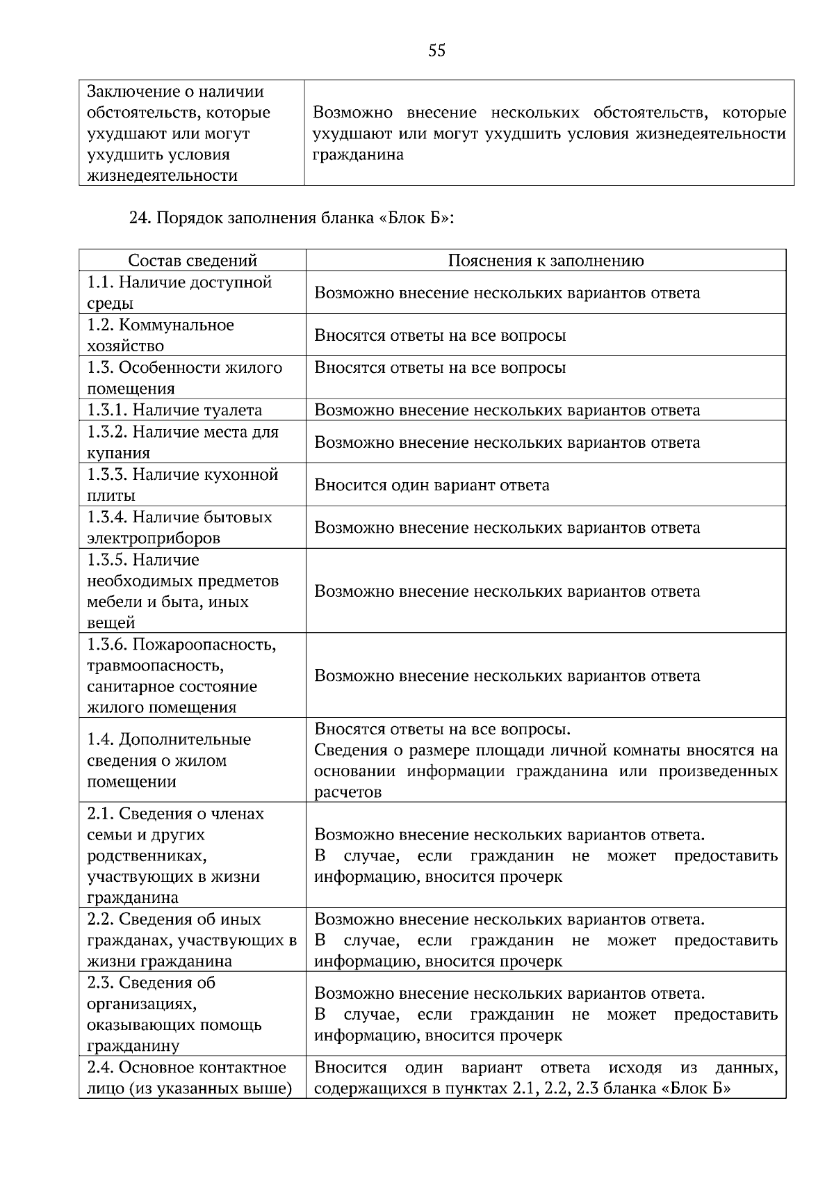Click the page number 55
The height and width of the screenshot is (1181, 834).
(436, 51)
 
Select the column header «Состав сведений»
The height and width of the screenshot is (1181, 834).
(193, 261)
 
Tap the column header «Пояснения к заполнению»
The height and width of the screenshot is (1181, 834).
(546, 261)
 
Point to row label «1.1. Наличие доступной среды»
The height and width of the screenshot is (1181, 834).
(179, 293)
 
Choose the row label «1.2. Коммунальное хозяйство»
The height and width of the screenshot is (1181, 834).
(161, 335)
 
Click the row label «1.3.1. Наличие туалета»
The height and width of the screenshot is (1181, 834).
(174, 410)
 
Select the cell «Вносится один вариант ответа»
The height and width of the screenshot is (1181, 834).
(432, 485)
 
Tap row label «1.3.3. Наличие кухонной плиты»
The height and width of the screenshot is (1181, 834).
(182, 485)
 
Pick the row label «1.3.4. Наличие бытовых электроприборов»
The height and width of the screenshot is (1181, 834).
(179, 527)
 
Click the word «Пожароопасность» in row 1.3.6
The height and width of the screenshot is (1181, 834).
(204, 645)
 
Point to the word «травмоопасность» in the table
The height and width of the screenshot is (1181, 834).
(155, 666)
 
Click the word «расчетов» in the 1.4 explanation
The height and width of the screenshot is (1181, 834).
(347, 792)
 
